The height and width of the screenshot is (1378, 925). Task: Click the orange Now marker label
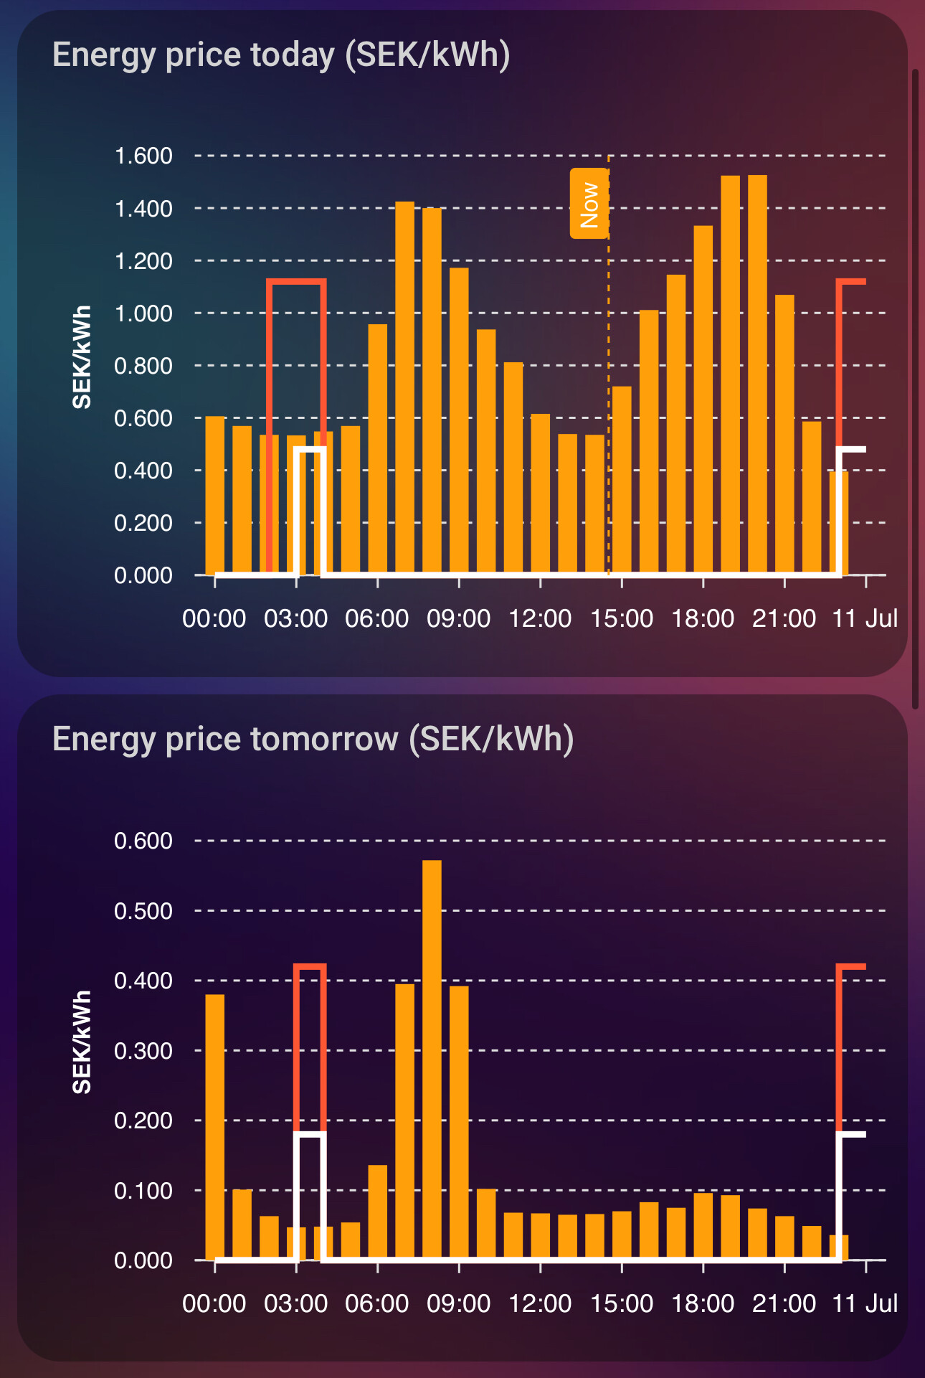[589, 204]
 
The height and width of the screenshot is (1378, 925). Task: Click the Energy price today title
[281, 55]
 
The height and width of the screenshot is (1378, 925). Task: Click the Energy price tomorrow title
[313, 740]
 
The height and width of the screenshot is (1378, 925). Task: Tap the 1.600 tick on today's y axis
[143, 156]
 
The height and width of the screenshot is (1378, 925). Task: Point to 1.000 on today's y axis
[143, 313]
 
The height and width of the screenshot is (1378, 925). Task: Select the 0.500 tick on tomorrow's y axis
[143, 911]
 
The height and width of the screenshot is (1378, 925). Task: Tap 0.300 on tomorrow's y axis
[143, 1051]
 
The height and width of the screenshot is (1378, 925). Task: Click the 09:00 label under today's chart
[458, 618]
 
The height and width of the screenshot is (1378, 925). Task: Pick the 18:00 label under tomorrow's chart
[703, 1303]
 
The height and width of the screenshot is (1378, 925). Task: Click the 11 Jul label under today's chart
[865, 618]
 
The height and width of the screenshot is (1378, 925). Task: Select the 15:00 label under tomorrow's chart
[621, 1303]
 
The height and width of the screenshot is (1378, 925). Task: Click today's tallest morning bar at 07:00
[405, 387]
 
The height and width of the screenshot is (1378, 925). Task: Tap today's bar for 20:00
[757, 373]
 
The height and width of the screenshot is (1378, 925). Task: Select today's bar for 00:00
[215, 495]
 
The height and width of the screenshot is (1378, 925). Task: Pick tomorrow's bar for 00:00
[215, 1126]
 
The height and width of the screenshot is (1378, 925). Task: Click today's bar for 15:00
[622, 481]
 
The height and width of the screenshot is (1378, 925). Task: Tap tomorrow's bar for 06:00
[378, 1212]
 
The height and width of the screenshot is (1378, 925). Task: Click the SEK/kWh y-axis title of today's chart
[82, 357]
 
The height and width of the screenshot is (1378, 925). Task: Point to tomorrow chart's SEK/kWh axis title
[82, 1042]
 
